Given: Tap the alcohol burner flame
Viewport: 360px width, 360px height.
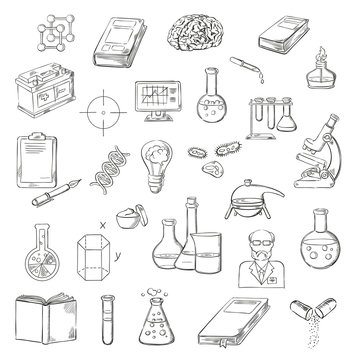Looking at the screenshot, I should [322, 51].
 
